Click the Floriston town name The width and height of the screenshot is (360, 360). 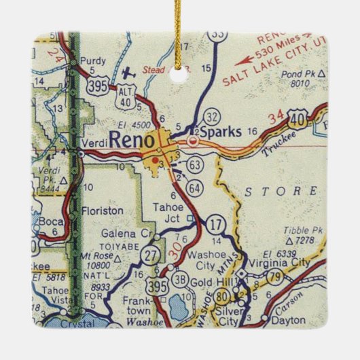point(103,211)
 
